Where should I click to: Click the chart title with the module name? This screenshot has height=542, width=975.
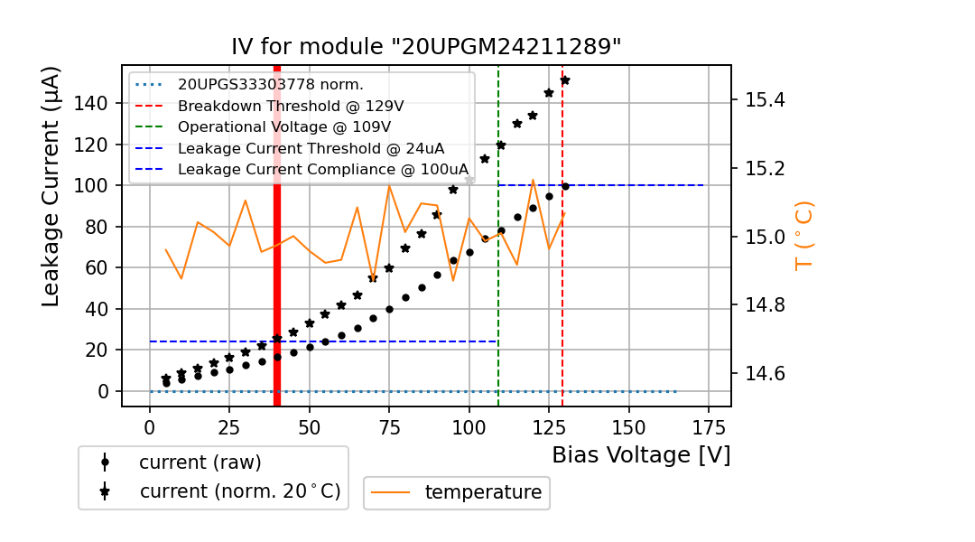point(426,47)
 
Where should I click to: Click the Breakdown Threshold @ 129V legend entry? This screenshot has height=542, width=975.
point(290,106)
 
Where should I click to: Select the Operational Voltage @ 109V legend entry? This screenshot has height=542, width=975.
point(283,126)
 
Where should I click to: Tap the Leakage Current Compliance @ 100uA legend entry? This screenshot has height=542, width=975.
point(322,169)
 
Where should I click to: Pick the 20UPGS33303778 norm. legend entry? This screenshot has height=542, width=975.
point(270,85)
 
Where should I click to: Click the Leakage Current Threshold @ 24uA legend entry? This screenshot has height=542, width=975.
point(311,148)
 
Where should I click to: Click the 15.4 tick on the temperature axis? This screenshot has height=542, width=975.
point(765,99)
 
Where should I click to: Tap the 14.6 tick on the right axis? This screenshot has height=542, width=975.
point(765,374)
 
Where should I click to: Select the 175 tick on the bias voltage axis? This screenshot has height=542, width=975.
point(708,425)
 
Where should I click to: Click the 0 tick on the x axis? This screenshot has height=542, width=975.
point(150,425)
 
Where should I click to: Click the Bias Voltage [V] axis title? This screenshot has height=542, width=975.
point(641,455)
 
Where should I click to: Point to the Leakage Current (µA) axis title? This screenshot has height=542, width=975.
point(51,186)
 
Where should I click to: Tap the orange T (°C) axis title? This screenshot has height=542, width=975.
point(804,235)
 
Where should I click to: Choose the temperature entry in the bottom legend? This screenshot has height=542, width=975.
point(482,492)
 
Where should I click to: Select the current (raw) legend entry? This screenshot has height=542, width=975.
point(200,463)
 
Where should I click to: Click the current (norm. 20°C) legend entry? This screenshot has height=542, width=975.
point(239,491)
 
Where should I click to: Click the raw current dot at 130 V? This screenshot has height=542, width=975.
point(565,187)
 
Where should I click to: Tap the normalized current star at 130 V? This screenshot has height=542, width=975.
point(565,80)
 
